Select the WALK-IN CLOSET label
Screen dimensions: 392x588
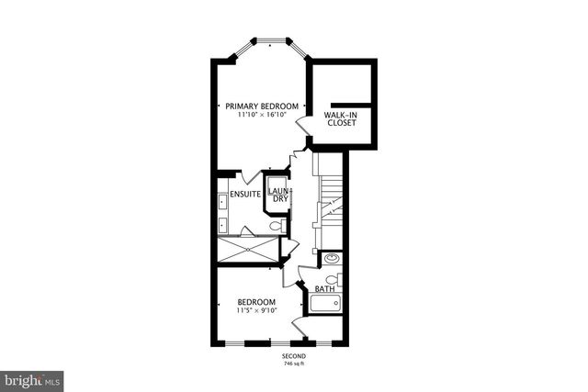pyautogui.click(x=341, y=118)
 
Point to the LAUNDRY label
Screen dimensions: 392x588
pyautogui.click(x=277, y=195)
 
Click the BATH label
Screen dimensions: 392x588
pyautogui.click(x=324, y=289)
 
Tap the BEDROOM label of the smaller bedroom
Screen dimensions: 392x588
pyautogui.click(x=256, y=302)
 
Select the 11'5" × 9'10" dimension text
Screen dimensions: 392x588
pyautogui.click(x=256, y=312)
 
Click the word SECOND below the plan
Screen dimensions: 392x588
pyautogui.click(x=294, y=356)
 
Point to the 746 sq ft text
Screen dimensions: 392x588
pyautogui.click(x=294, y=364)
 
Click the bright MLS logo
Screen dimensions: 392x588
pyautogui.click(x=33, y=378)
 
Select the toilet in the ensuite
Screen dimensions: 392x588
pyautogui.click(x=275, y=225)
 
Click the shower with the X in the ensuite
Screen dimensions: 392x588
pyautogui.click(x=247, y=249)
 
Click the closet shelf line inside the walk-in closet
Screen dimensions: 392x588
pyautogui.click(x=350, y=104)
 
